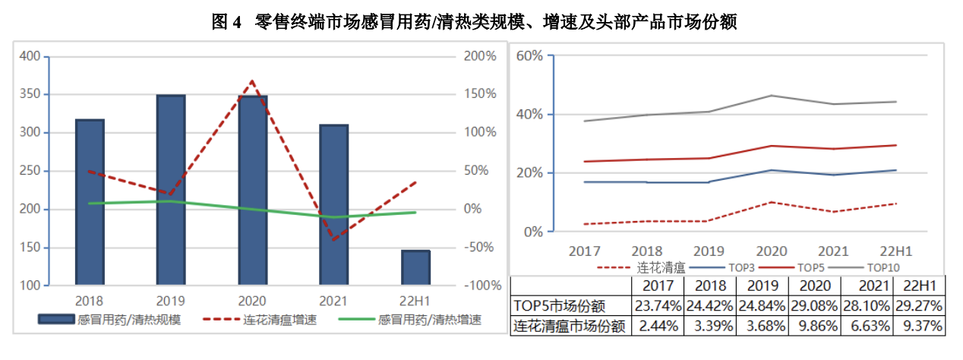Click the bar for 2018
click(90, 202)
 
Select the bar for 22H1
click(415, 267)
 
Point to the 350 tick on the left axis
click(31, 94)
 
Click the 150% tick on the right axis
click(479, 94)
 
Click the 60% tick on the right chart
click(530, 55)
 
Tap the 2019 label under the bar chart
click(171, 301)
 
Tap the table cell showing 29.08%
click(814, 306)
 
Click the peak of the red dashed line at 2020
click(252, 81)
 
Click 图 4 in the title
click(226, 22)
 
